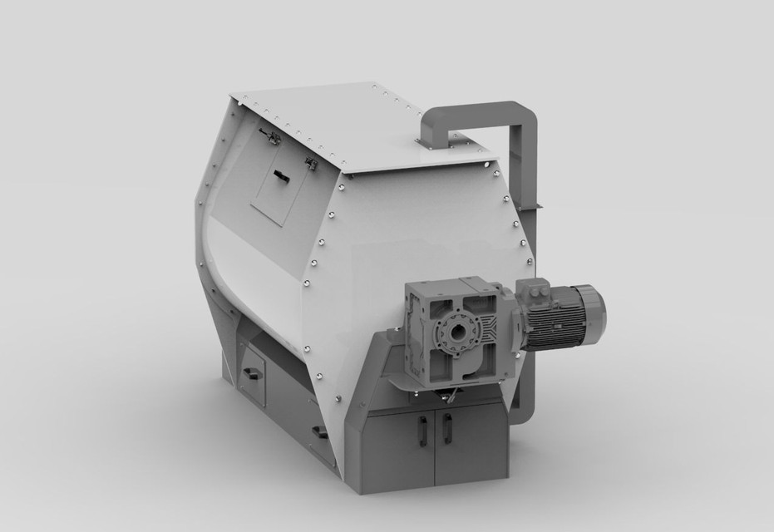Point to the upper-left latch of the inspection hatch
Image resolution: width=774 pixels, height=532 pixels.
pyautogui.click(x=269, y=137)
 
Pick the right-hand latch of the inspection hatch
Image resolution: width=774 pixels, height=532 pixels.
pyautogui.click(x=312, y=165)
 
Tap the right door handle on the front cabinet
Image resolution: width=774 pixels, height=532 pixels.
pyautogui.click(x=447, y=427)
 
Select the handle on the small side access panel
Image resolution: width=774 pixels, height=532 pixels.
pyautogui.click(x=252, y=373)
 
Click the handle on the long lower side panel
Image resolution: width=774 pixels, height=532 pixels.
pyautogui.click(x=319, y=431)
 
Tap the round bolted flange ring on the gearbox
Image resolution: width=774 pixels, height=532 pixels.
pyautogui.click(x=455, y=332)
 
